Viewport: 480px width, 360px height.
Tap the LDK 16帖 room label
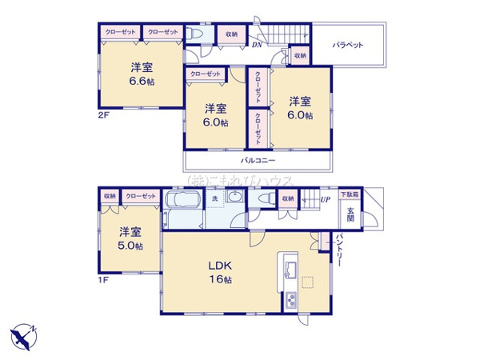(x=220, y=274)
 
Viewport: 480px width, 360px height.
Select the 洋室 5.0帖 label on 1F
(x=130, y=239)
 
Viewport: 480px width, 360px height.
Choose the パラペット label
(x=349, y=45)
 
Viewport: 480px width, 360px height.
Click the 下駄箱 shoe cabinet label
(x=350, y=194)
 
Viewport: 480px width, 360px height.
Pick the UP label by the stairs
(x=326, y=199)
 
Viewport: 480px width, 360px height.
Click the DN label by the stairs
(x=256, y=45)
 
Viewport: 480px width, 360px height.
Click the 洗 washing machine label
(x=214, y=198)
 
